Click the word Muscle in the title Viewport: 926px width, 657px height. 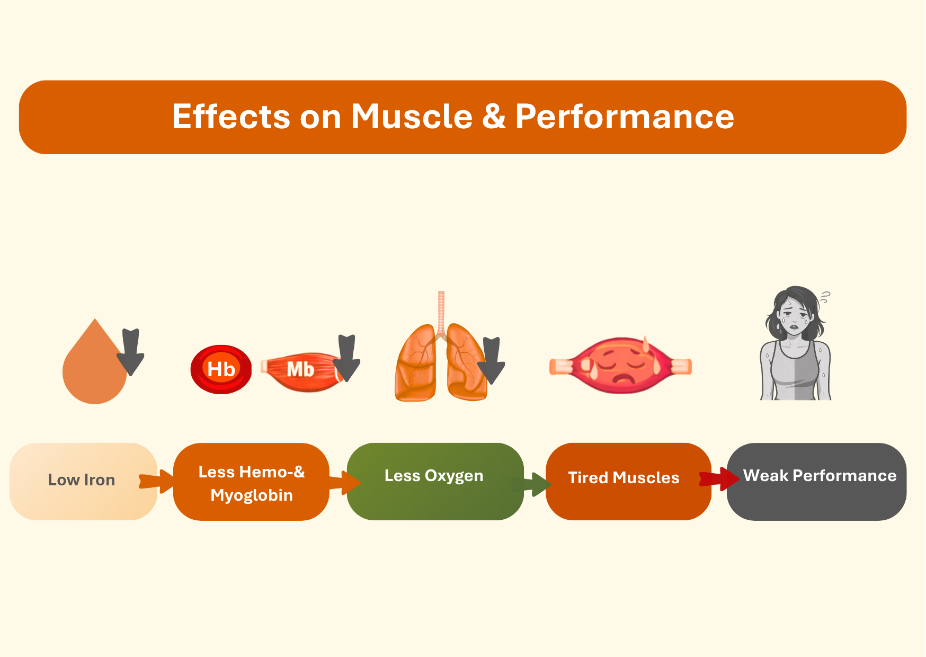(412, 117)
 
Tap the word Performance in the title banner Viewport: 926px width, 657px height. (625, 117)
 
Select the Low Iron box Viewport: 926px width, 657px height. (82, 481)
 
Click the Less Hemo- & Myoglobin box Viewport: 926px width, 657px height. (251, 483)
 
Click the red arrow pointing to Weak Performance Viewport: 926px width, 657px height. (719, 478)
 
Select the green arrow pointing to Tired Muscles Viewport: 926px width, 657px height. (532, 483)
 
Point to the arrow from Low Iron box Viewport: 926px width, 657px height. (157, 481)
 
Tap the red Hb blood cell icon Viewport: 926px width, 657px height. (221, 369)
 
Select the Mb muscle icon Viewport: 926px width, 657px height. (300, 370)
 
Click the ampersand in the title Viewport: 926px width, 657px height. (494, 117)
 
